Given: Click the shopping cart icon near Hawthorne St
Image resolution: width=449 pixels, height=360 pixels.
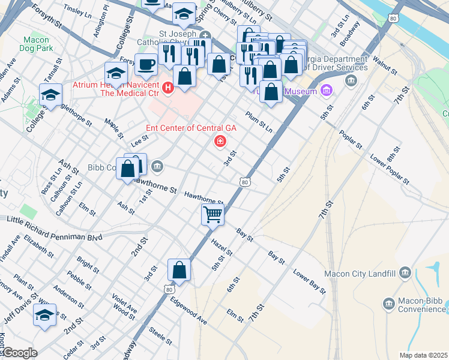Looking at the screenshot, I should click(212, 214).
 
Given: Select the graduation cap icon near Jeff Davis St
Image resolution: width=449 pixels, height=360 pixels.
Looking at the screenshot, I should click(44, 315).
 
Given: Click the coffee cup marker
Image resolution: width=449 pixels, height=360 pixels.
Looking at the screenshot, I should click(146, 64).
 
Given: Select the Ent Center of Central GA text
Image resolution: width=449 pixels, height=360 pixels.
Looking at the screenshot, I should click(191, 128).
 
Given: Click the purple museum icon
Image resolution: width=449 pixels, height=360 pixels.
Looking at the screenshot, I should click(326, 91).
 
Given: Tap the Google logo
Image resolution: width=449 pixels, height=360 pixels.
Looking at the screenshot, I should click(20, 353).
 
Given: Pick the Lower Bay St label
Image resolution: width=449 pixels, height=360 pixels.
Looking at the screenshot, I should click(309, 281).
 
